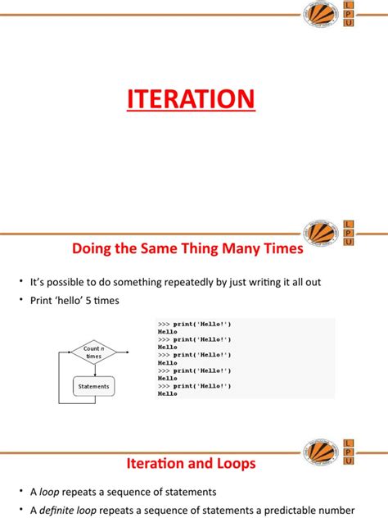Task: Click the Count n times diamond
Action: (x=93, y=352)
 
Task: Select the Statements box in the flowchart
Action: (x=93, y=385)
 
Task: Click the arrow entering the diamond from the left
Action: (x=65, y=352)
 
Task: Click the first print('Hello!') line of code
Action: (x=195, y=325)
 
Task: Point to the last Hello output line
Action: (x=168, y=393)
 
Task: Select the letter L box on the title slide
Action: (x=350, y=6)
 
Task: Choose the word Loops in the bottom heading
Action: (x=234, y=463)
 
